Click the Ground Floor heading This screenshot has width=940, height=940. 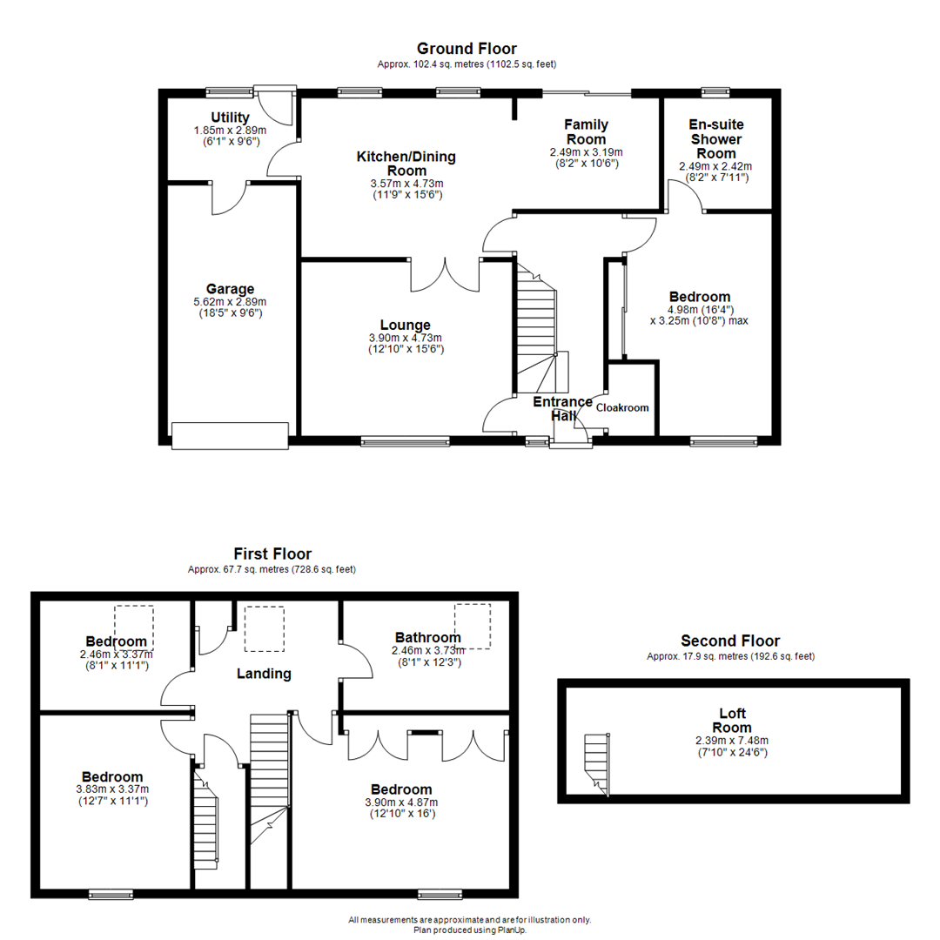467,49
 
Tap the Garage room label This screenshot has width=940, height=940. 230,289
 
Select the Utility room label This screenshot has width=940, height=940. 230,117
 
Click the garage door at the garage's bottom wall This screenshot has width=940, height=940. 230,435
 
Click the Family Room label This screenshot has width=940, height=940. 586,132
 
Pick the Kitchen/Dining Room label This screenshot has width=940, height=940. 406,164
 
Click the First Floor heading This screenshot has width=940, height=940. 272,554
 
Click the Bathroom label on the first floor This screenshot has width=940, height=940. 427,637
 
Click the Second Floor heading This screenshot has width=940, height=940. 730,641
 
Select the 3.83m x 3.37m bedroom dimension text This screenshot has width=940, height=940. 112,790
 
